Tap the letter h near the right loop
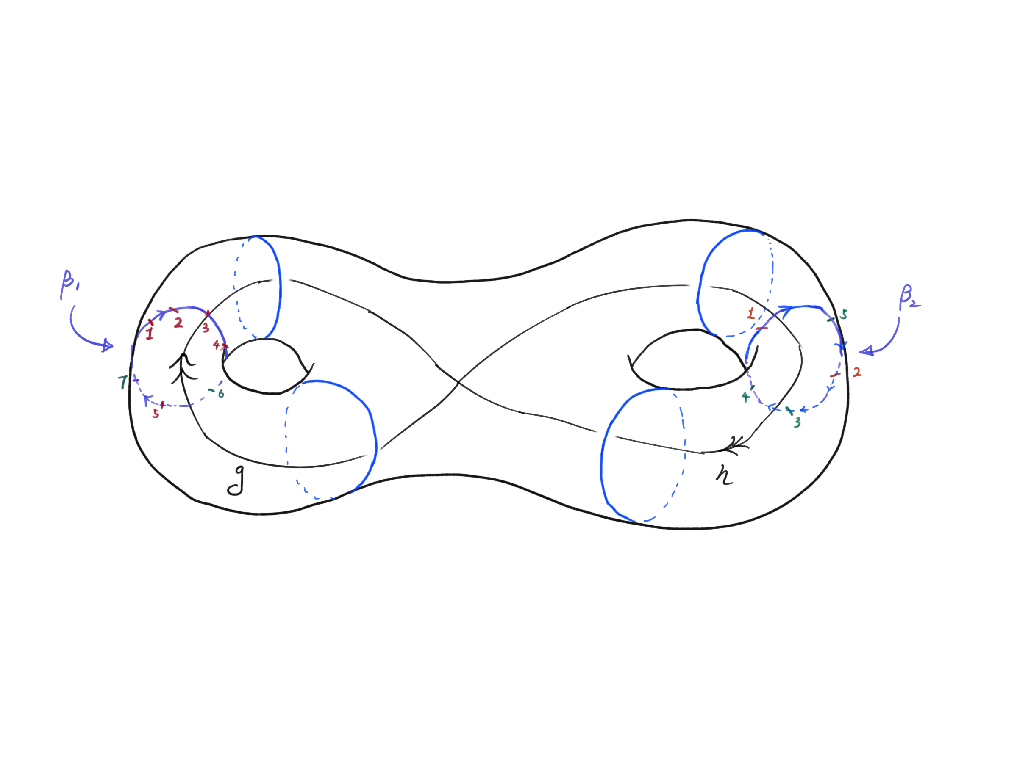pos(725,475)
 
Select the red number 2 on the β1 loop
pos(178,323)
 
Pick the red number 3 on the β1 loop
pos(206,328)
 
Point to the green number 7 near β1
pos(122,382)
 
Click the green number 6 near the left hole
pos(221,394)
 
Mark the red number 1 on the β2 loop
pos(751,314)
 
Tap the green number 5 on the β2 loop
pos(844,315)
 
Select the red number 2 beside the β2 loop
pos(856,372)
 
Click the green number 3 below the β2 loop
pos(797,422)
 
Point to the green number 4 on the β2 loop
pos(745,397)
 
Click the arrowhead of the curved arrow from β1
pos(108,345)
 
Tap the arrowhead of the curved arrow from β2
pos(865,352)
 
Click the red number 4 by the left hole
pos(216,345)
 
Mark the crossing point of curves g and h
pos(458,382)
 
